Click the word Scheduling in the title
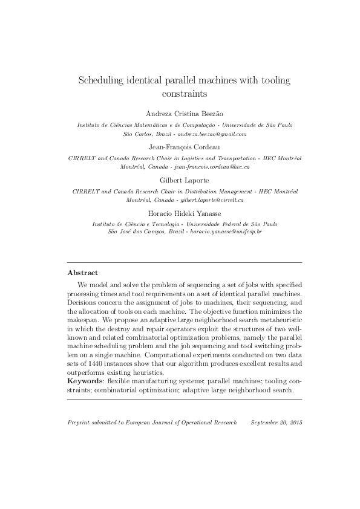[104, 80]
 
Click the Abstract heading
[82, 273]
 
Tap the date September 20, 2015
[275, 421]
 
